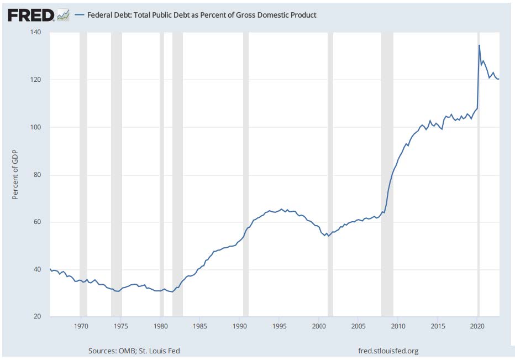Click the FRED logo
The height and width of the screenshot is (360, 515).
(x=31, y=15)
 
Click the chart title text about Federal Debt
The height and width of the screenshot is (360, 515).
(x=202, y=15)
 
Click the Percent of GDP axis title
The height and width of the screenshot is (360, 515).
(x=15, y=175)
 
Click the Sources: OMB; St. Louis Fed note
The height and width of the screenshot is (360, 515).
(x=134, y=351)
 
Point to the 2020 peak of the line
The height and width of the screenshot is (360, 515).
(x=479, y=45)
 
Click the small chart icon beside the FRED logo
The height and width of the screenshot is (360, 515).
(x=64, y=15)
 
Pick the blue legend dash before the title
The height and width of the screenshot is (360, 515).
(x=79, y=15)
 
